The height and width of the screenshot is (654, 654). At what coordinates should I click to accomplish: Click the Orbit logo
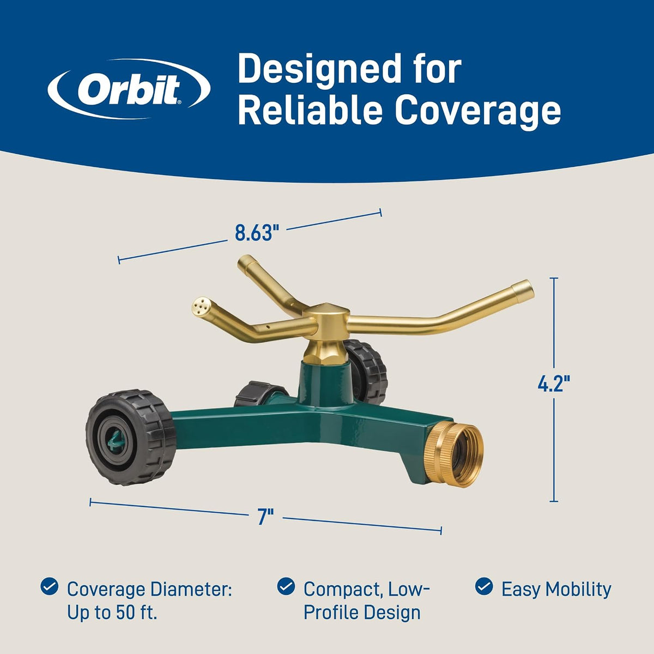pyautogui.click(x=129, y=89)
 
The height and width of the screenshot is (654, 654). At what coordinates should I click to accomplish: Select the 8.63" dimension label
pyautogui.click(x=257, y=233)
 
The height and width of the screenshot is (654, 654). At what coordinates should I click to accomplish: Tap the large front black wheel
pyautogui.click(x=130, y=438)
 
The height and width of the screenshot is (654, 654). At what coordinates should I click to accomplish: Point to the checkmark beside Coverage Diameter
pyautogui.click(x=49, y=586)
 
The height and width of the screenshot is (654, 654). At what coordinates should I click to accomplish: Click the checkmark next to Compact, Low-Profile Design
pyautogui.click(x=286, y=586)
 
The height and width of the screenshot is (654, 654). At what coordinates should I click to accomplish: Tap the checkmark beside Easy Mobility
pyautogui.click(x=484, y=586)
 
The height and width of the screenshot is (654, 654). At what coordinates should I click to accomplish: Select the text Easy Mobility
pyautogui.click(x=556, y=590)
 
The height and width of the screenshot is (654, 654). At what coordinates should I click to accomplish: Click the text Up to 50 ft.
pyautogui.click(x=112, y=613)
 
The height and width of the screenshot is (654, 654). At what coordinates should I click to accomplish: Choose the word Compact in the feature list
pyautogui.click(x=343, y=590)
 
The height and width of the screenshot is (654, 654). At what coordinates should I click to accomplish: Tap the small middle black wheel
pyautogui.click(x=259, y=393)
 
